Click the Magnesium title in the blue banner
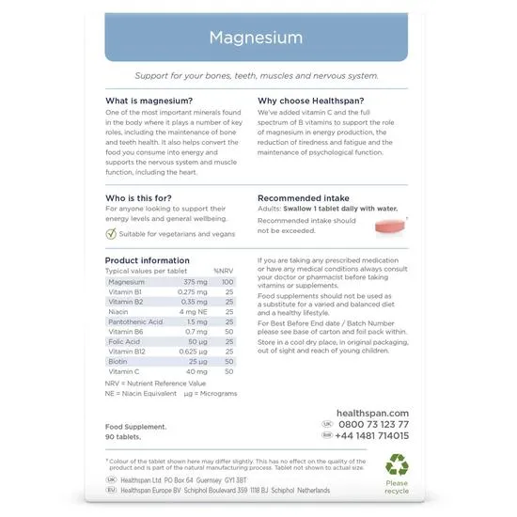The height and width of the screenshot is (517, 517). (x=256, y=39)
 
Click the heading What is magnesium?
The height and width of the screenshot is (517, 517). (x=149, y=102)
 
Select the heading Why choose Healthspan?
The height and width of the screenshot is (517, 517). (x=311, y=102)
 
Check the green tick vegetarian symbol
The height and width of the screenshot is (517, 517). (x=111, y=234)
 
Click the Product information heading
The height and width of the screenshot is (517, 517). (x=147, y=260)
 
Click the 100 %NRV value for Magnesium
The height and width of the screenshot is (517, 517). (x=227, y=282)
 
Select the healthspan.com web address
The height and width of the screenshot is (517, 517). (x=372, y=413)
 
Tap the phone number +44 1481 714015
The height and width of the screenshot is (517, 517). (x=373, y=436)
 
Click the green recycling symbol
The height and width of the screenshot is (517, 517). (x=397, y=464)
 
